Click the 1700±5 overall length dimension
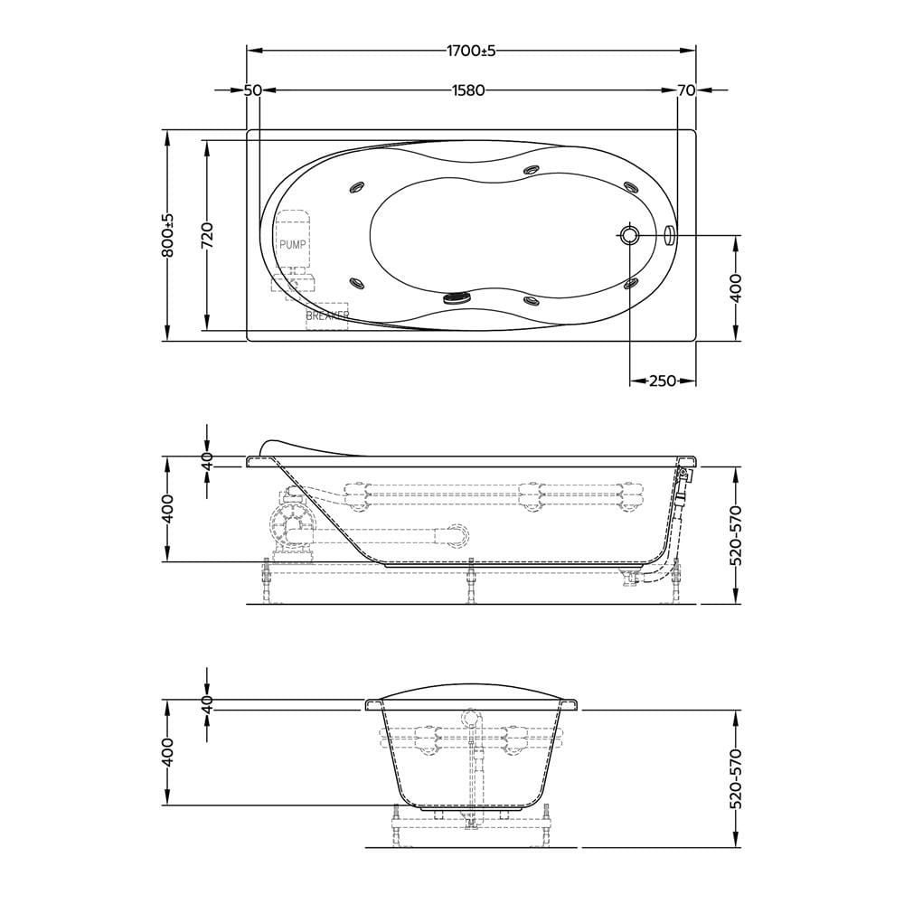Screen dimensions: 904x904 [x=471, y=51]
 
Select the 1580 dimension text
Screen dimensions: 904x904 [x=468, y=90]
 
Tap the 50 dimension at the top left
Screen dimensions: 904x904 [x=252, y=90]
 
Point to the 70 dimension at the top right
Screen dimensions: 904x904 [x=686, y=90]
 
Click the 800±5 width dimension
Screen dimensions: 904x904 [x=168, y=235]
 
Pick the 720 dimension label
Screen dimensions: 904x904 [x=207, y=235]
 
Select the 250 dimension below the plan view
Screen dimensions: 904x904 [x=663, y=381]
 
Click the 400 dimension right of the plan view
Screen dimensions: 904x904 [x=736, y=288]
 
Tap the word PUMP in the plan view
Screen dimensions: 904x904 [x=292, y=244]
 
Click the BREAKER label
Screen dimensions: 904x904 [x=327, y=315]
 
